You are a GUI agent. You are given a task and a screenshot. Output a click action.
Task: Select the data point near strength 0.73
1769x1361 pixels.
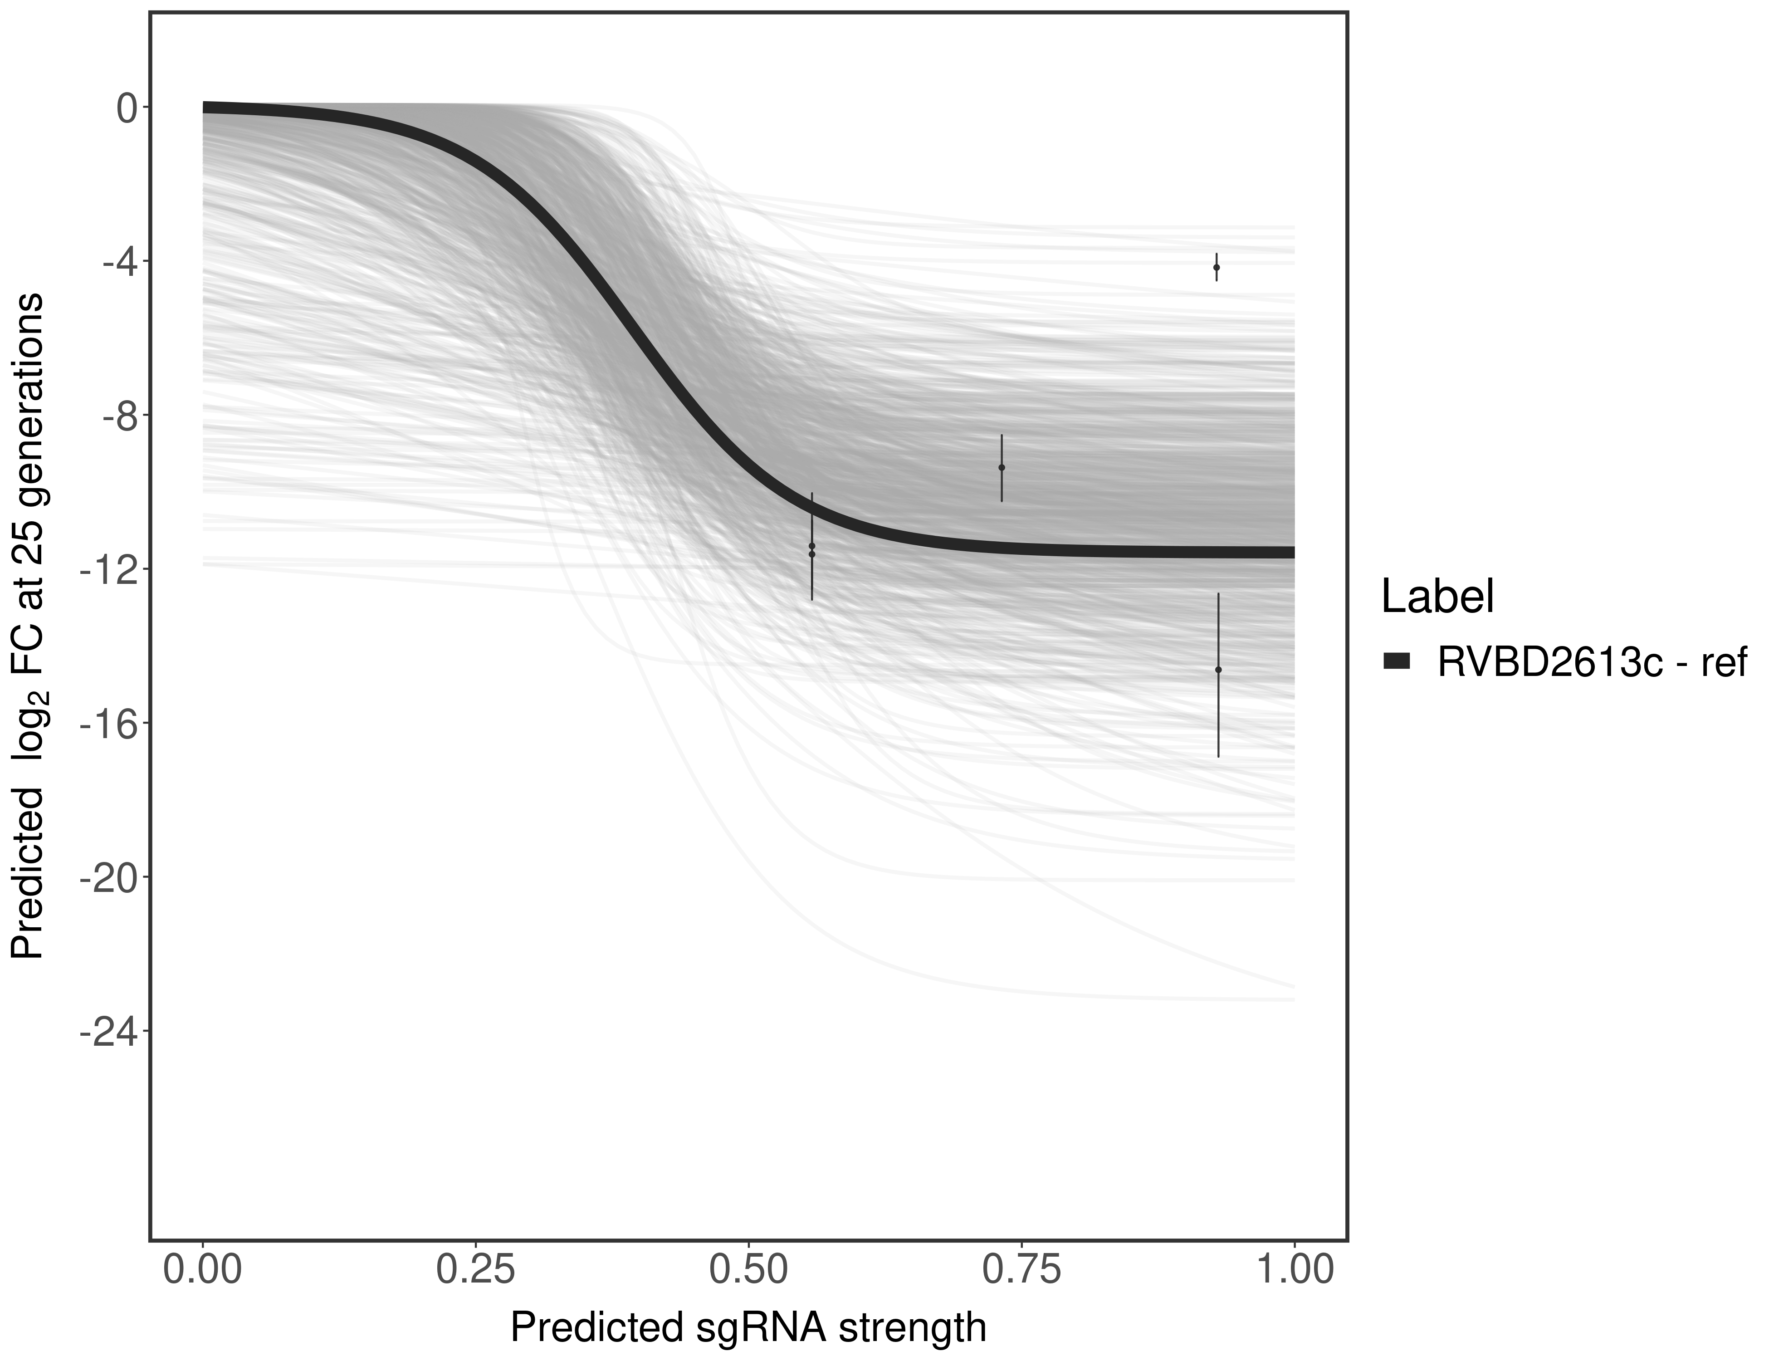click(1002, 467)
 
